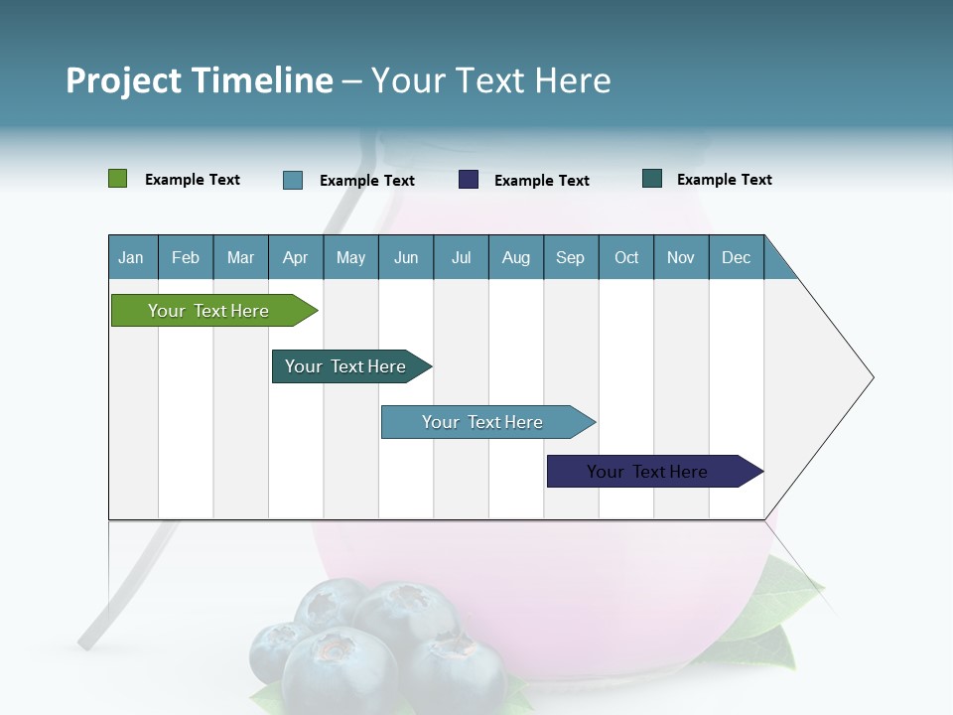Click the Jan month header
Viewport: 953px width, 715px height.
[132, 257]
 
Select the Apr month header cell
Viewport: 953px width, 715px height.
[296, 257]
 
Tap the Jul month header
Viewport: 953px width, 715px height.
[461, 257]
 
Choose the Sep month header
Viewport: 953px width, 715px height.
[570, 257]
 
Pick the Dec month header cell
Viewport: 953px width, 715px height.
[736, 257]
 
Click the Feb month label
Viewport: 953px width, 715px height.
[186, 257]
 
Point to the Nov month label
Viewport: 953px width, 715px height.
[681, 257]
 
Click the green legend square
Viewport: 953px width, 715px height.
[118, 179]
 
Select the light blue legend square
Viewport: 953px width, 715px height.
[293, 180]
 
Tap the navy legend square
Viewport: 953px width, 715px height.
[469, 180]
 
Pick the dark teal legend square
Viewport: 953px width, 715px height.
[652, 179]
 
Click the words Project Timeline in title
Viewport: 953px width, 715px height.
[200, 80]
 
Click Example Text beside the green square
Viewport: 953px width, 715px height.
[193, 180]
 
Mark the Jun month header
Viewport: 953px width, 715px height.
[406, 257]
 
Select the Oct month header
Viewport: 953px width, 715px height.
[626, 257]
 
